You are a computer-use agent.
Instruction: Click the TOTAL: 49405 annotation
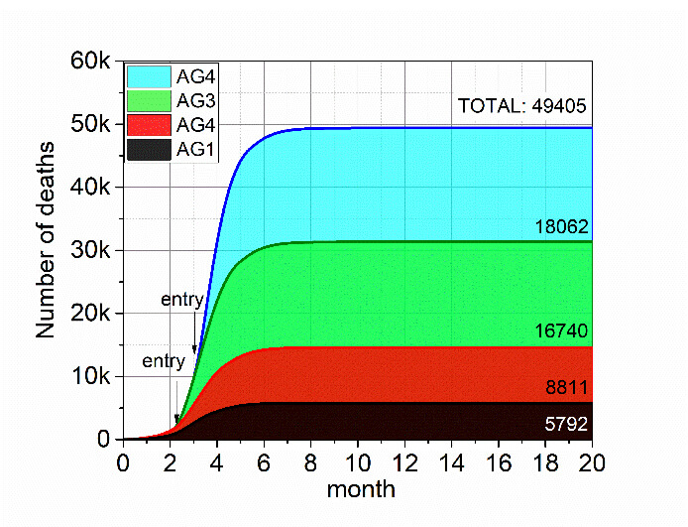[x=522, y=106]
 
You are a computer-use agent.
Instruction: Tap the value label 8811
[x=569, y=390]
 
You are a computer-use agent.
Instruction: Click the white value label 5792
[x=567, y=424]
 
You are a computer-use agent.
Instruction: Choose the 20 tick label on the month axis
[x=592, y=463]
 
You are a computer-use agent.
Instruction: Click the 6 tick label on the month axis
[x=264, y=463]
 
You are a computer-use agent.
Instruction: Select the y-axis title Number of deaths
[x=47, y=240]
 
